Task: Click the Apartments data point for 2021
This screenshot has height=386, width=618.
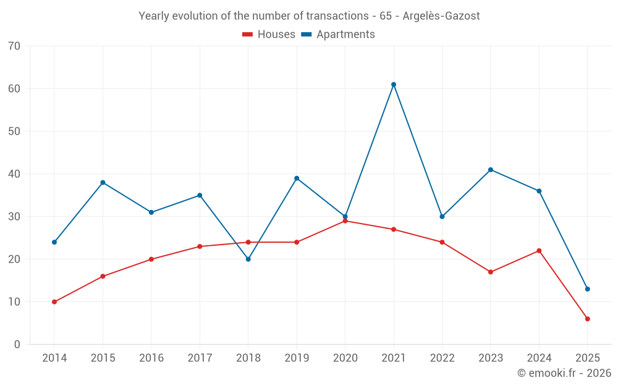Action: coord(394,85)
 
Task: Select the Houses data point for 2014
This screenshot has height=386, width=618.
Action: coord(54,302)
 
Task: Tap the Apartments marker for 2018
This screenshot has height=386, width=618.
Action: coord(248,259)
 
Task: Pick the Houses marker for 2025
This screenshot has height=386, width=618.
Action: coord(587,319)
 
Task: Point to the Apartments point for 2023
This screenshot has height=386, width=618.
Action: coord(491,170)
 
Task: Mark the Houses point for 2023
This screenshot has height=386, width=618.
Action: coord(491,272)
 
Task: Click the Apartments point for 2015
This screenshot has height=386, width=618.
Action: coord(103,183)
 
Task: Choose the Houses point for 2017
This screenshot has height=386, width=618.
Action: coord(200,246)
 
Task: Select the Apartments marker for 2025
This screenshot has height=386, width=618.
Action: coord(587,289)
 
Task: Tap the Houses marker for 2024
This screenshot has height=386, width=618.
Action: coord(539,251)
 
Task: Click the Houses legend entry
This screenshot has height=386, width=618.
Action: coord(269,35)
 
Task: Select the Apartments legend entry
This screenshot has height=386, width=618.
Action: coord(338,35)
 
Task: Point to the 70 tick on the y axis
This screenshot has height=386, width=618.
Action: coord(14,46)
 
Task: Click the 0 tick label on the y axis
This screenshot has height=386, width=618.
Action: coord(17,345)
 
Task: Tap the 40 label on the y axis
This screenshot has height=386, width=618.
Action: coord(14,174)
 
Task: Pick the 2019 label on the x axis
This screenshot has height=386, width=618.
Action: coord(297,358)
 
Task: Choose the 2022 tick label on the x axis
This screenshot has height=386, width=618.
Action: coord(442,358)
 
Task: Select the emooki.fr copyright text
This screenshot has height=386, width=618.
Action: coord(564,373)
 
